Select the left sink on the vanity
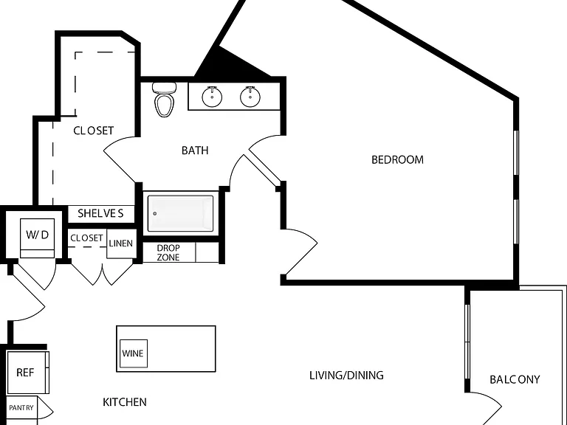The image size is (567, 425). [212, 97]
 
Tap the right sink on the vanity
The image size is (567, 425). [250, 97]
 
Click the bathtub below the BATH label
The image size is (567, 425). [180, 213]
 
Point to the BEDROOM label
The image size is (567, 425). [397, 159]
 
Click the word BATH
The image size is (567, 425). [195, 151]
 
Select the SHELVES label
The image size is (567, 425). [100, 213]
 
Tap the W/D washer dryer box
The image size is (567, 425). [37, 238]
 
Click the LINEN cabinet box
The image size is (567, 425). [122, 243]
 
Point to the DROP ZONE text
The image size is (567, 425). [168, 252]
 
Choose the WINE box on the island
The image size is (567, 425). [134, 353]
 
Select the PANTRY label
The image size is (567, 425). [21, 408]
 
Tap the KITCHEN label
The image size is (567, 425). [125, 402]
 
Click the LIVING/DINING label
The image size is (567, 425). [346, 376]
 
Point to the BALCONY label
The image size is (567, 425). [515, 379]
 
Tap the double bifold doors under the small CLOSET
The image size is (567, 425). [103, 274]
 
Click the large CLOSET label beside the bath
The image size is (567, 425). [94, 131]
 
